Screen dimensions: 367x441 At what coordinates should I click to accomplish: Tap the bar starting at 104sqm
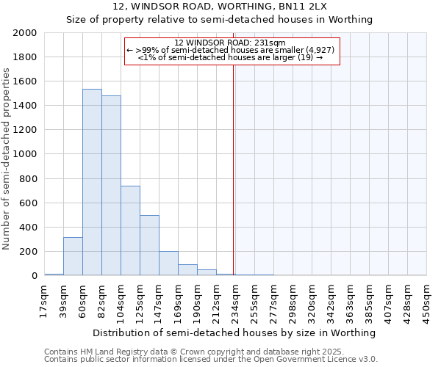click(x=130, y=230)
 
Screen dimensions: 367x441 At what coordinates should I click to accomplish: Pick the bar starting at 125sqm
click(x=149, y=245)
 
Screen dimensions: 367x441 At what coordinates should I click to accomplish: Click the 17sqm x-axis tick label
click(x=45, y=299)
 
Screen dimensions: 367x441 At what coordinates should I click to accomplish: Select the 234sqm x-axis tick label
click(x=236, y=300)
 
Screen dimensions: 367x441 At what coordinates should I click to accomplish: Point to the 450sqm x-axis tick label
click(x=427, y=300)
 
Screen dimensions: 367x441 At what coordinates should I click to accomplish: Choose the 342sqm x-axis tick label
click(x=331, y=300)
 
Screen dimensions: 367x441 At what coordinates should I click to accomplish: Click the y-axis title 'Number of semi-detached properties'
click(x=7, y=158)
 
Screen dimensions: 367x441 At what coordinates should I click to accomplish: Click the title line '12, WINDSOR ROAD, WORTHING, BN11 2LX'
click(x=220, y=7)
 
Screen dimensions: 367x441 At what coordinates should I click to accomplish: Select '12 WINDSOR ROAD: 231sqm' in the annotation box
click(x=232, y=43)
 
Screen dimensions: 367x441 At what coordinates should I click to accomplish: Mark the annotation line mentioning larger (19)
click(x=232, y=57)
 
